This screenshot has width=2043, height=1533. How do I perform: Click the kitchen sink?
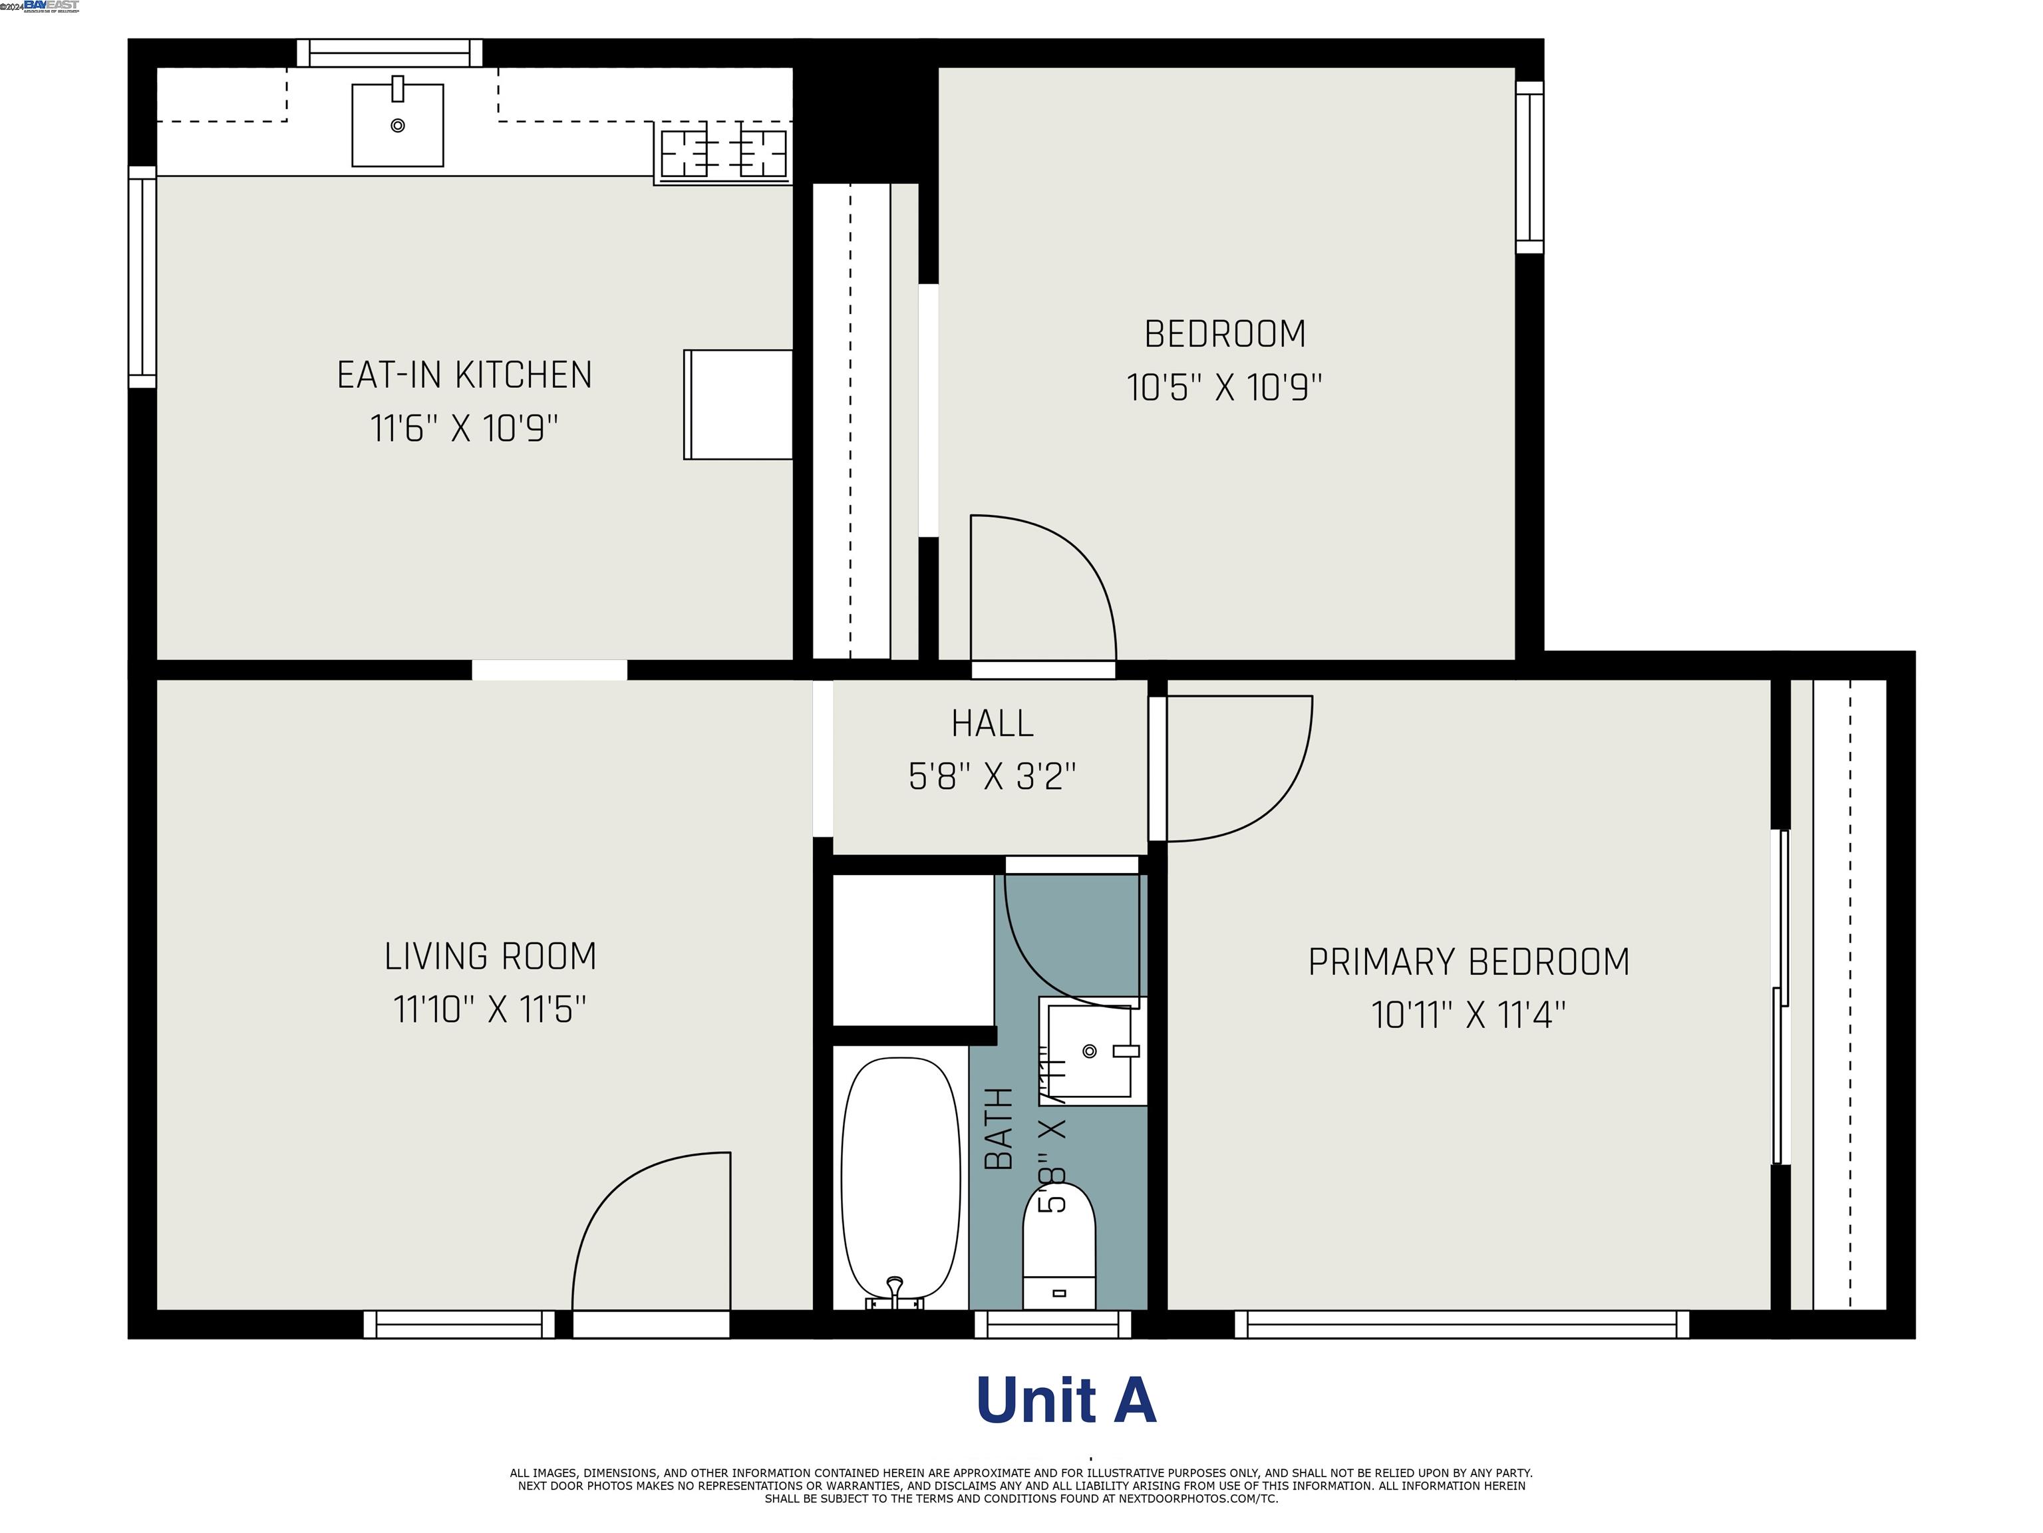click(x=397, y=126)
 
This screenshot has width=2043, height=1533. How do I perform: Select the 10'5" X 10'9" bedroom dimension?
click(x=1224, y=388)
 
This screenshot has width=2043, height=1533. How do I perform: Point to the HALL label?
click(x=992, y=723)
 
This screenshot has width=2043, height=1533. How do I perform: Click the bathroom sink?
click(x=1090, y=1051)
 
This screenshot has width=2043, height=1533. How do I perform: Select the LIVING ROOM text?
click(x=490, y=956)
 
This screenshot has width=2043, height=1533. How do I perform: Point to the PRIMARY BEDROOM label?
click(x=1468, y=962)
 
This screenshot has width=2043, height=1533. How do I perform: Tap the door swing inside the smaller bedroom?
click(x=1039, y=591)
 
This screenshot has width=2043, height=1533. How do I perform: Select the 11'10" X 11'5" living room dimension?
click(x=490, y=1009)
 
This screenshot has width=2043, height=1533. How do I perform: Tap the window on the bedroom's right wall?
click(x=1529, y=167)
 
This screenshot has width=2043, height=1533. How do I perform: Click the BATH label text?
click(x=999, y=1128)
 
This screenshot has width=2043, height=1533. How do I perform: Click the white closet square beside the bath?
click(x=913, y=949)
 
